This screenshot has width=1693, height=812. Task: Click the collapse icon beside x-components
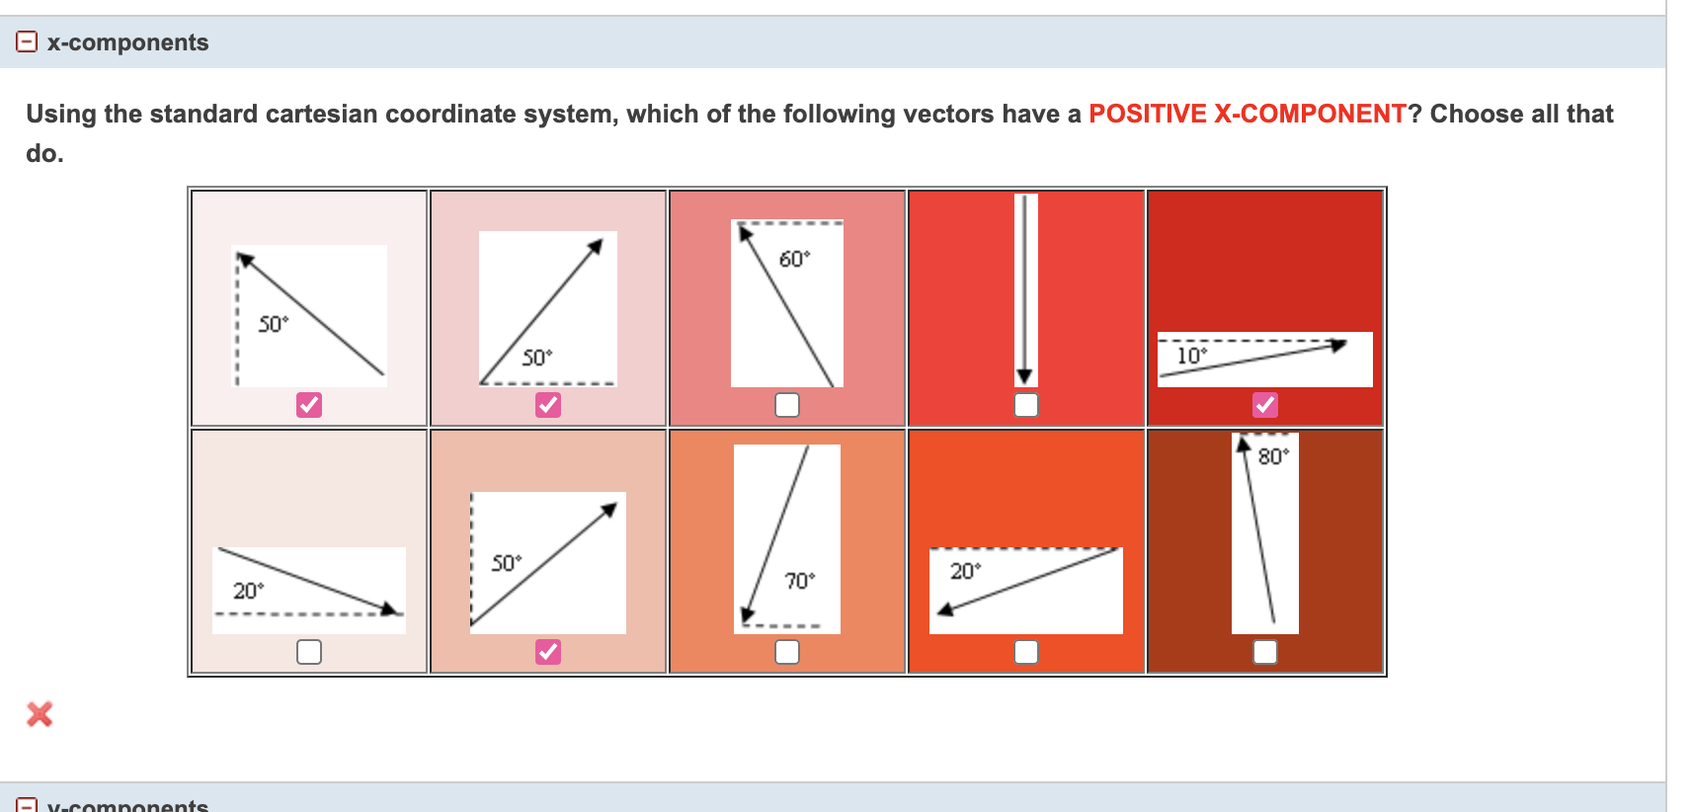[27, 41]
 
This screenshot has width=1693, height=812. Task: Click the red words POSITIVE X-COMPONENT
[1247, 114]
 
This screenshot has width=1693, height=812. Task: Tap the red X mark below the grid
[40, 713]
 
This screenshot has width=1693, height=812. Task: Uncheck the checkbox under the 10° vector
[1264, 404]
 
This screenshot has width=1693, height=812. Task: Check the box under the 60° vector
[786, 404]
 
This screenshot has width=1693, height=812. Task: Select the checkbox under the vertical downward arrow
[1025, 404]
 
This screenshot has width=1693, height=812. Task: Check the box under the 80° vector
[1264, 651]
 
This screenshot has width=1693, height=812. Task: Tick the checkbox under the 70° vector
[786, 651]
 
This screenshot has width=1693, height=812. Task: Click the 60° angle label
[793, 259]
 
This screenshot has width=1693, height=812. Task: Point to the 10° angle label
[1191, 356]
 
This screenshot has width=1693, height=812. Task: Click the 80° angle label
[1272, 456]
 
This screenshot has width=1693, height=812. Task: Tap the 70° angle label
[799, 581]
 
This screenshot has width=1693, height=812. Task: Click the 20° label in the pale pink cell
[248, 591]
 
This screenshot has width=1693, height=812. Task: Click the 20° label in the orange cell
[965, 571]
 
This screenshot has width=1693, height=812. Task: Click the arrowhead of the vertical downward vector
[1024, 376]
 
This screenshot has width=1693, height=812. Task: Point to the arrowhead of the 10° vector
[1337, 345]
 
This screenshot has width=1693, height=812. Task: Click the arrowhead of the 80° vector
[1245, 445]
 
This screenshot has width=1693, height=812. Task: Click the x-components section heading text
[127, 42]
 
